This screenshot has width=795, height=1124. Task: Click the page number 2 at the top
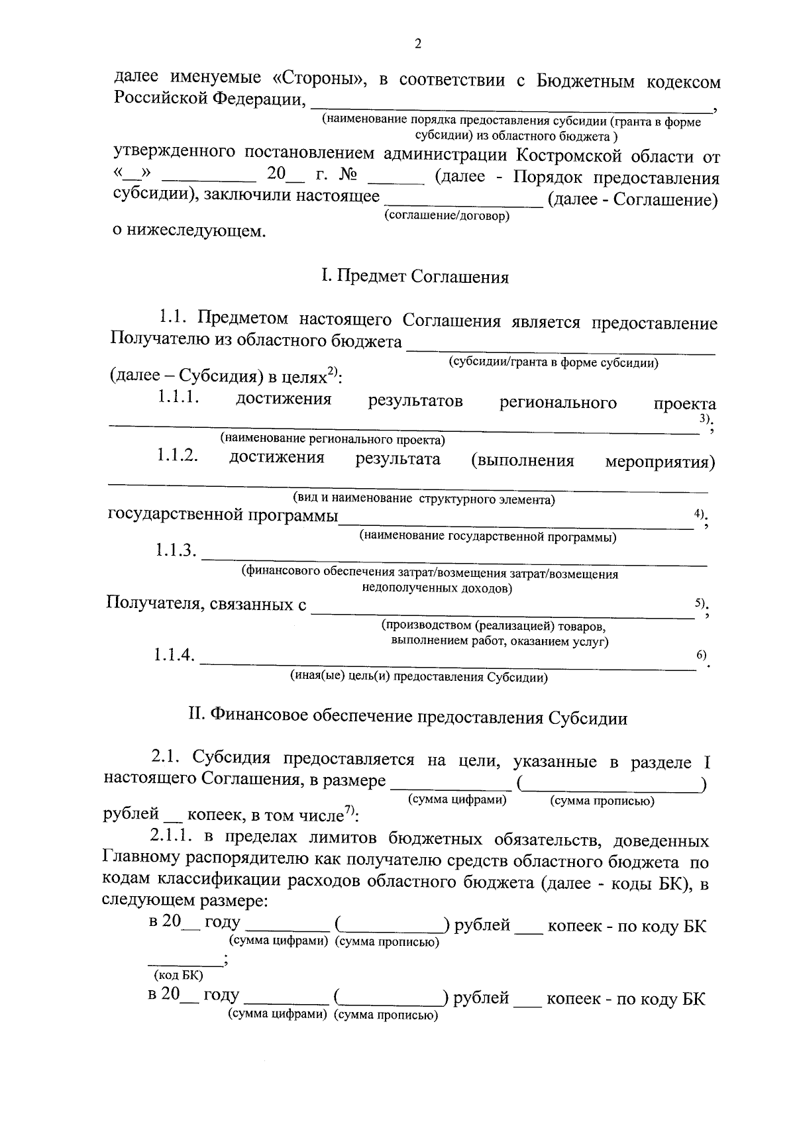(417, 44)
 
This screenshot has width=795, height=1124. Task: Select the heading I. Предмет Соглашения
(415, 276)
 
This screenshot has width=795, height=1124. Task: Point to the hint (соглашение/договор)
(447, 216)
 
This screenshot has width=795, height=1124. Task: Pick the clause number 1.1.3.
(176, 550)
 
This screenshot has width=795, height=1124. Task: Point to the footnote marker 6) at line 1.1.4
(701, 654)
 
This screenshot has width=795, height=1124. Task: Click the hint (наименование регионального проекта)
(333, 438)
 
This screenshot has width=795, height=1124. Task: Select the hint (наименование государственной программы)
(488, 537)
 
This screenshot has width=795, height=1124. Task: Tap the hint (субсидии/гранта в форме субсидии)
(553, 362)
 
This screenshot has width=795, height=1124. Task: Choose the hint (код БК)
(178, 975)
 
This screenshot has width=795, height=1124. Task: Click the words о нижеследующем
(188, 232)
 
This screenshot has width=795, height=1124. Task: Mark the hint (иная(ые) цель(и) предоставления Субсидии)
(419, 677)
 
